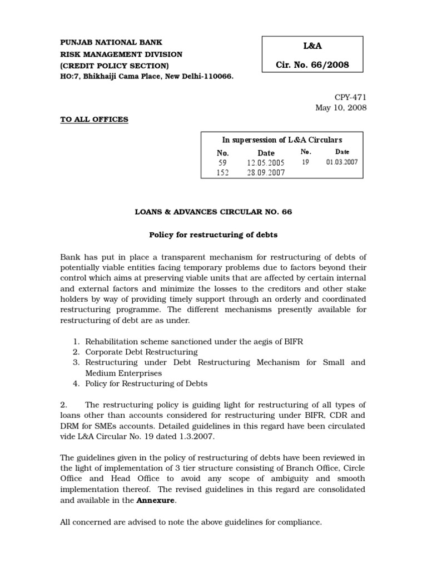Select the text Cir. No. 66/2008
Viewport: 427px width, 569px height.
pyautogui.click(x=312, y=65)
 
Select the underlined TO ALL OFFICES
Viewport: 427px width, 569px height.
pyautogui.click(x=94, y=119)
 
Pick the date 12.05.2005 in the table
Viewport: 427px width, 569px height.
pyautogui.click(x=266, y=163)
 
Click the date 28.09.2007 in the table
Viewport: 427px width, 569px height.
pyautogui.click(x=266, y=173)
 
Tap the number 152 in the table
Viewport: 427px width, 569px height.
pyautogui.click(x=222, y=173)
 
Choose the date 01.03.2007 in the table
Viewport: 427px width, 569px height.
pyautogui.click(x=342, y=162)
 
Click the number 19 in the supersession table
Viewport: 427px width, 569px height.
pyautogui.click(x=305, y=162)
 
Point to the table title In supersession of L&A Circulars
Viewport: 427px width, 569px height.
pyautogui.click(x=282, y=140)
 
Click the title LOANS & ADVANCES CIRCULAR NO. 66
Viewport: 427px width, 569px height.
pyautogui.click(x=213, y=212)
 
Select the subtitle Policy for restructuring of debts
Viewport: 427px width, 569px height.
pyautogui.click(x=213, y=235)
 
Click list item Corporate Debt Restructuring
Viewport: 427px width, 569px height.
pyautogui.click(x=141, y=352)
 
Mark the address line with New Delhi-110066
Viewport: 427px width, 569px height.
pyautogui.click(x=146, y=77)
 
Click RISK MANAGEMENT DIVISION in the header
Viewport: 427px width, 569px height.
pyautogui.click(x=121, y=54)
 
